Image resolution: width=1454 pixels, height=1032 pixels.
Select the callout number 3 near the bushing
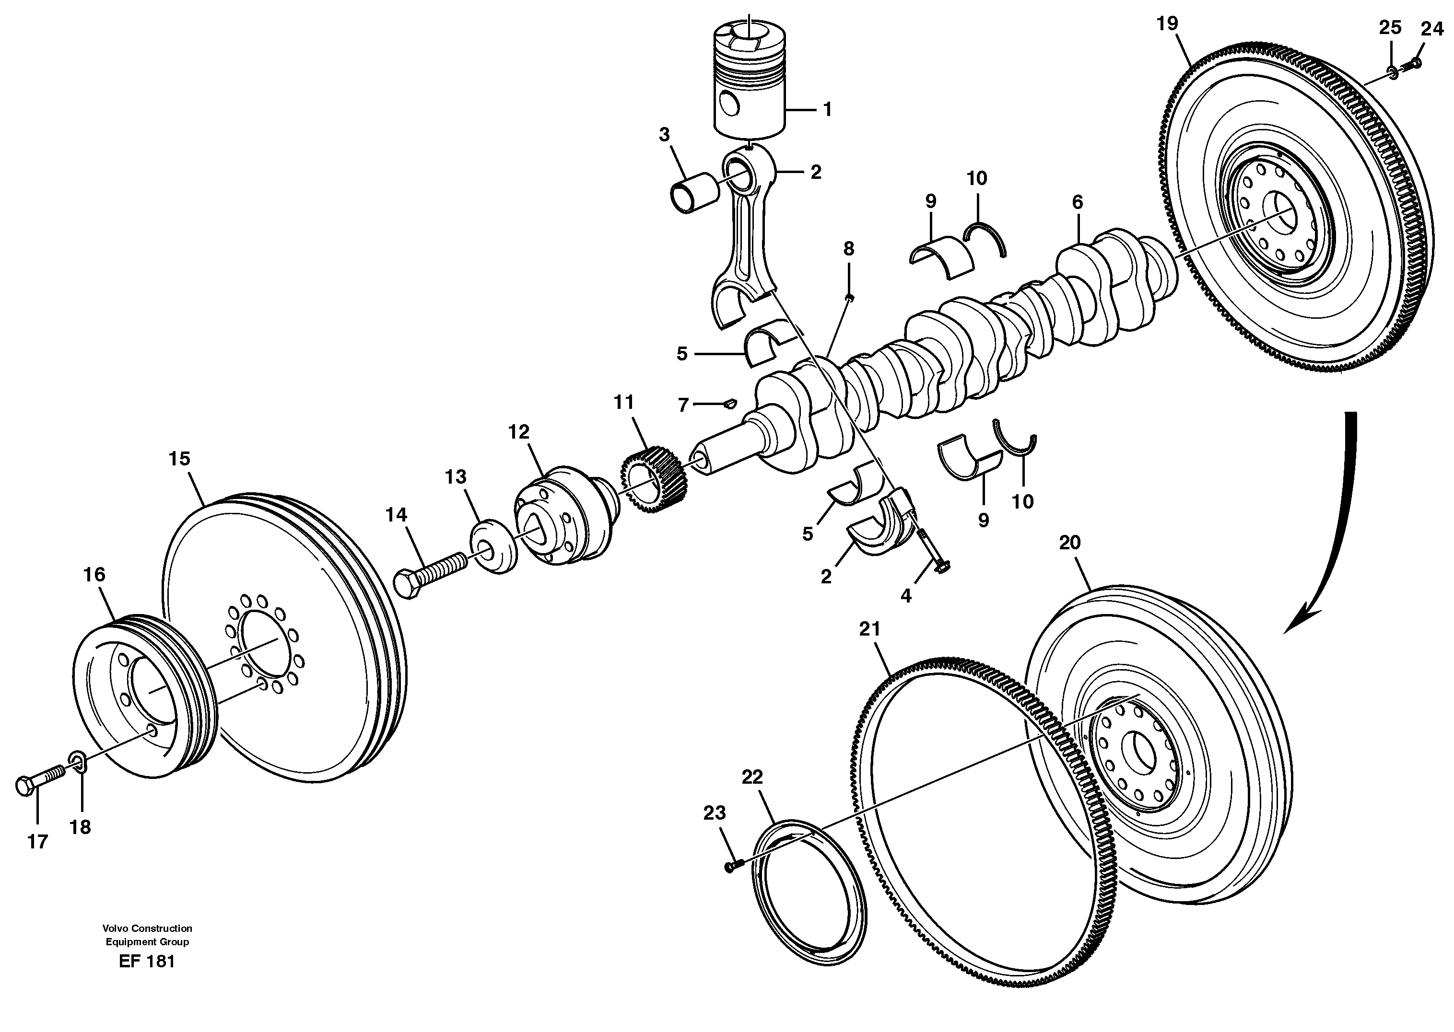coord(664,135)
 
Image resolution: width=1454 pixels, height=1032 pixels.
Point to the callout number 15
coord(179,458)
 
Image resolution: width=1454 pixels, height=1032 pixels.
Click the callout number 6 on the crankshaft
coord(1077,203)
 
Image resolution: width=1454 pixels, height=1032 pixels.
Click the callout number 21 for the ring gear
coord(870,628)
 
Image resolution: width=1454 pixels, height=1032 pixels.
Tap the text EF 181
coord(146,961)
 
